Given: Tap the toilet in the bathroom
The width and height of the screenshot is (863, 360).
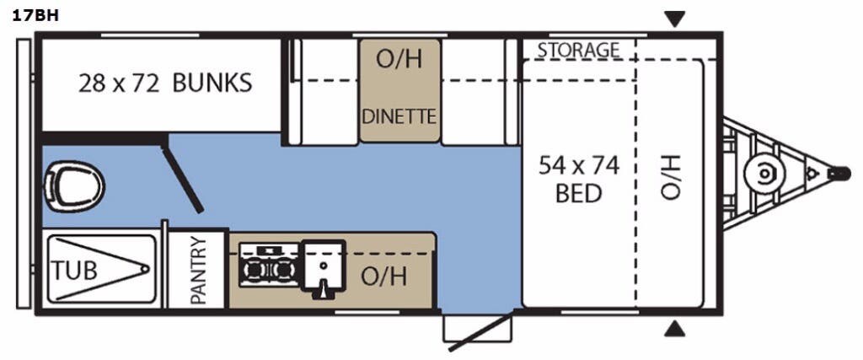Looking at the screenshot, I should (75, 180).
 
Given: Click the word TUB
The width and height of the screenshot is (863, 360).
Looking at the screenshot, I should (74, 271).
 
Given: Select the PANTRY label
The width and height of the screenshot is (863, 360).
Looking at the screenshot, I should (198, 270).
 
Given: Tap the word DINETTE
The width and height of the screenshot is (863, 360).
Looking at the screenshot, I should (399, 116).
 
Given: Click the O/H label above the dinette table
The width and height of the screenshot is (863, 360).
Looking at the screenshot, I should (399, 59).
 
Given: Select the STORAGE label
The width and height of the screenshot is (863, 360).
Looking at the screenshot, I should (578, 50).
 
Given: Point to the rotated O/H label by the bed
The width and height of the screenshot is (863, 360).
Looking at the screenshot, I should (670, 178).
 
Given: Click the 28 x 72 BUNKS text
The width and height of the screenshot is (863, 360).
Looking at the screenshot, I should (164, 83).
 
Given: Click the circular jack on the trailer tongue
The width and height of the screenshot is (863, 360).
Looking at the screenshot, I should (764, 173).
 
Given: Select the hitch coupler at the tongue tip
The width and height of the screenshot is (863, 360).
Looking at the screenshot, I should (839, 173).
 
